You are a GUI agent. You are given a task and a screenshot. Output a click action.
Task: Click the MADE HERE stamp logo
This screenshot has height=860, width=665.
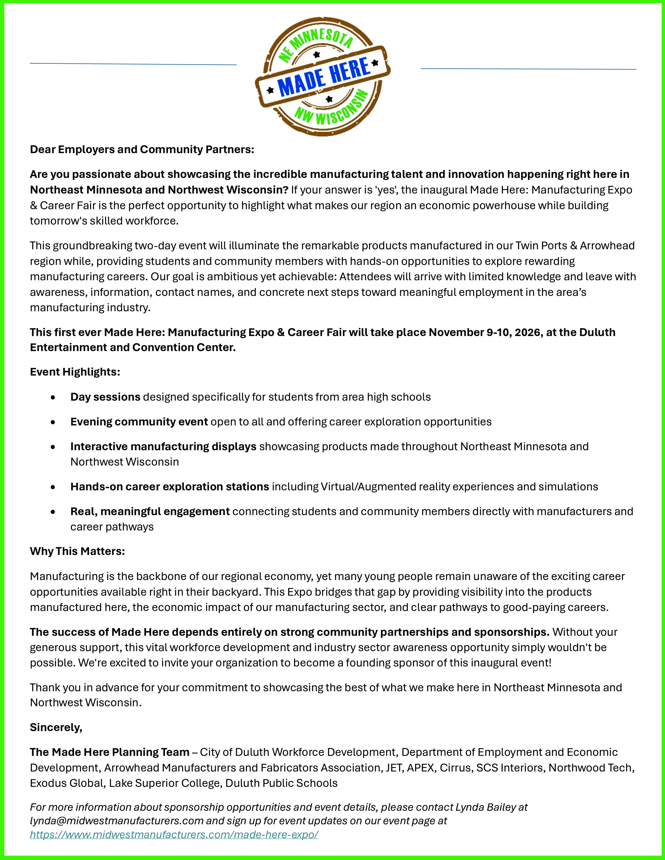[323, 77]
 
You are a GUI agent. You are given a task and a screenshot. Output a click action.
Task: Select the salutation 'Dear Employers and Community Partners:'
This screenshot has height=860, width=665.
[142, 150]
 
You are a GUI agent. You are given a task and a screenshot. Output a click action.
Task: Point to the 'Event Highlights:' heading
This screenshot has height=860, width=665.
[75, 372]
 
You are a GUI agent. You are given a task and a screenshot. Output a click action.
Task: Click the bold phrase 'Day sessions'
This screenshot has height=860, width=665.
[105, 397]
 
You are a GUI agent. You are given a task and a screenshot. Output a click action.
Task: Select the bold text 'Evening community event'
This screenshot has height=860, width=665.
[139, 422]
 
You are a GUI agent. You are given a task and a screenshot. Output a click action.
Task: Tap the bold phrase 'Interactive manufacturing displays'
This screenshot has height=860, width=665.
[163, 447]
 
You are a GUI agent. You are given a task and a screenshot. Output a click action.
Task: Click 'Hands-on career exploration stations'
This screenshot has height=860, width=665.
[169, 487]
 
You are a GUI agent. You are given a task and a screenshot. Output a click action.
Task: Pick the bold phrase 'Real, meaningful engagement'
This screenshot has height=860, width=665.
[150, 512]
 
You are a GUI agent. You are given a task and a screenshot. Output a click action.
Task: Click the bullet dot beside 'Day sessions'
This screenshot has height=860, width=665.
[53, 398]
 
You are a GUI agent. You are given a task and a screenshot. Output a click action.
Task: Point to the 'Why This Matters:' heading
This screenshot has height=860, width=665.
[77, 551]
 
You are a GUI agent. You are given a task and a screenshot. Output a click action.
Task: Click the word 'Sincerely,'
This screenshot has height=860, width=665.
[56, 727]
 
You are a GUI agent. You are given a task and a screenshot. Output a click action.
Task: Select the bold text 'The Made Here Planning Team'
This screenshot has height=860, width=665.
[110, 752]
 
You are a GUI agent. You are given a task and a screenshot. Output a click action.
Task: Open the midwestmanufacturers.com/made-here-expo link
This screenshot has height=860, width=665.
[174, 834]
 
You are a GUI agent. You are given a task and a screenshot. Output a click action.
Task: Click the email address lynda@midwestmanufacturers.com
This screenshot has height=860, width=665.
[117, 821]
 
